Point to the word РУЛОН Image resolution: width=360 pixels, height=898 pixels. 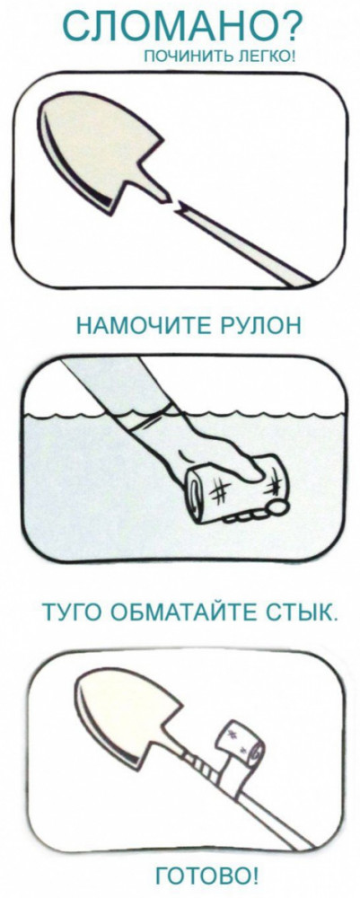257,327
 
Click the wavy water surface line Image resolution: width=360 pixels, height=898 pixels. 183,413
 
